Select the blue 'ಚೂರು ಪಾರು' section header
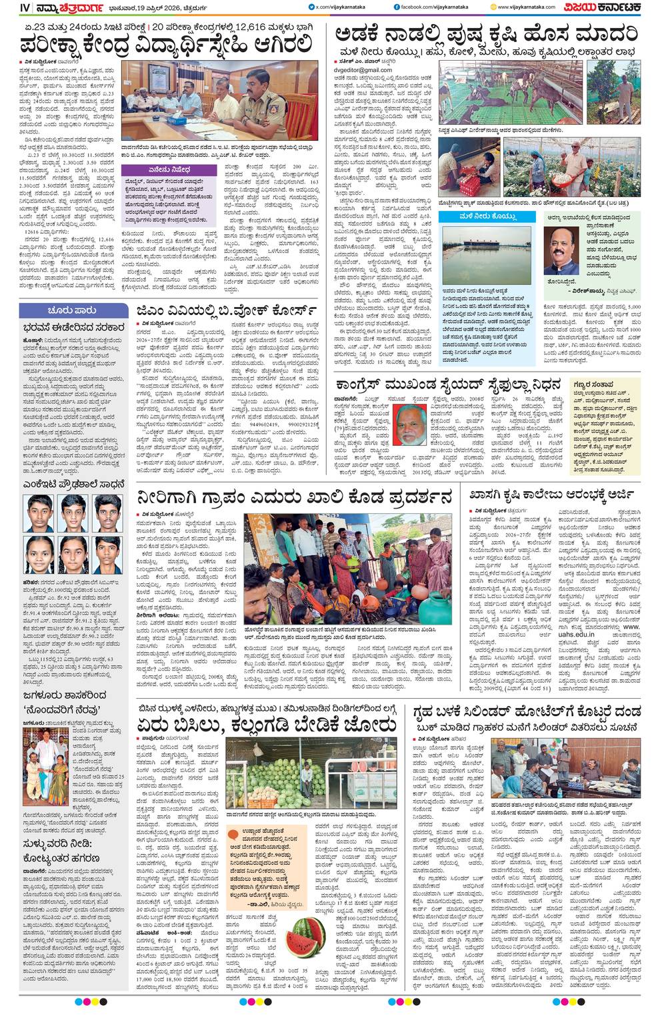[x=72, y=310]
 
